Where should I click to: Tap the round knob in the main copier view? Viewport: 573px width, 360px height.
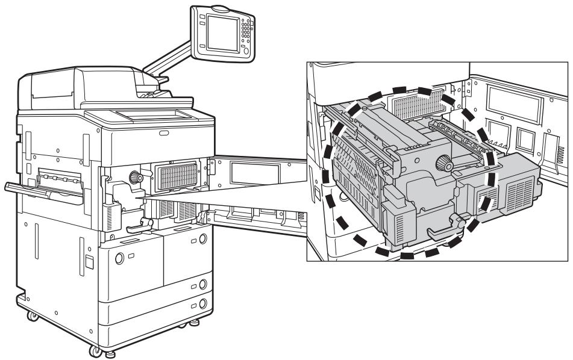pos(133,178)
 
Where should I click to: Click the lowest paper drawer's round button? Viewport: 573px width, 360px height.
pos(203,303)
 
